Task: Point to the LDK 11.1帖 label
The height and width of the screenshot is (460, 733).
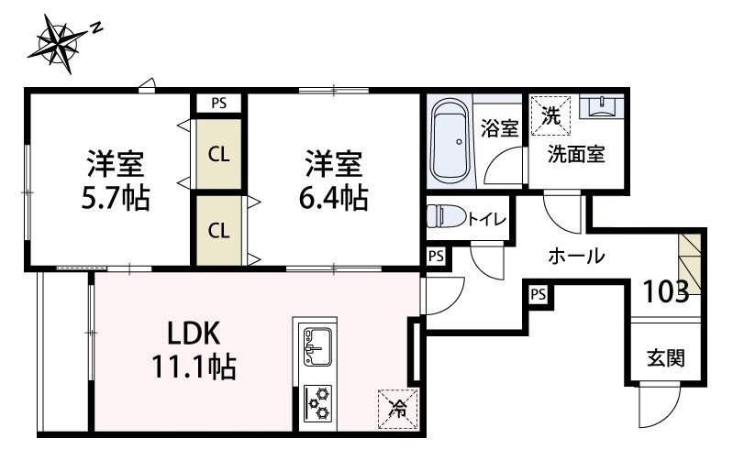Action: [195, 352]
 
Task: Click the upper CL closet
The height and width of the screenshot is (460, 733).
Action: [218, 154]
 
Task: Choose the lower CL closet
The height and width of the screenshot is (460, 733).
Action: [218, 230]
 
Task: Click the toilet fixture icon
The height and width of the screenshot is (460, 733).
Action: [445, 217]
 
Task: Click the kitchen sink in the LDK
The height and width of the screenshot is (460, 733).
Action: [315, 343]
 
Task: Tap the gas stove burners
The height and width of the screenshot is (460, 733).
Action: [317, 402]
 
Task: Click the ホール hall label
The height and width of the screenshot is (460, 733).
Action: [576, 256]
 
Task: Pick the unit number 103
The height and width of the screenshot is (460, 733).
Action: [666, 292]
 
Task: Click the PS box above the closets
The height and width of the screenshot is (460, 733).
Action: [218, 103]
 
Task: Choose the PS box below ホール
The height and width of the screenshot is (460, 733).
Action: [538, 294]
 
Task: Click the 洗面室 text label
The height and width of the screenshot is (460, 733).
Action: [575, 154]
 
